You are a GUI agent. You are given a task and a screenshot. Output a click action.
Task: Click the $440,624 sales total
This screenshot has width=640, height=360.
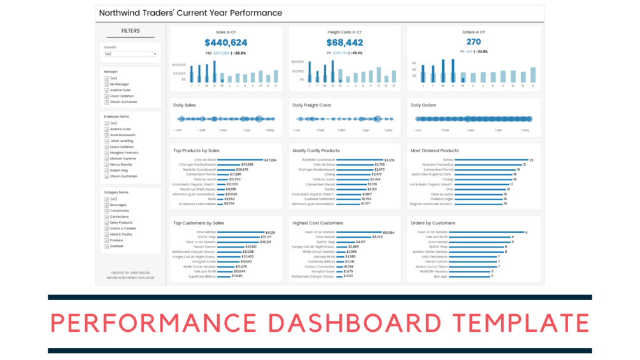click(225, 43)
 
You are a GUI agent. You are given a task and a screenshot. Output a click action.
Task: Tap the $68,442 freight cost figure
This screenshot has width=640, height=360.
click(345, 43)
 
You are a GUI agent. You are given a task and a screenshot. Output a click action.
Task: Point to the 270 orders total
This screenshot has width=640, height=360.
click(473, 42)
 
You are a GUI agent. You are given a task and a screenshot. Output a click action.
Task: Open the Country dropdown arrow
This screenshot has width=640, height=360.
click(155, 54)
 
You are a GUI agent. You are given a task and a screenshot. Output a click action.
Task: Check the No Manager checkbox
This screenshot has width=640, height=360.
click(106, 84)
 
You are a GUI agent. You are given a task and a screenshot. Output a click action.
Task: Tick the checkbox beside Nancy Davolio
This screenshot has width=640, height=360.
click(106, 164)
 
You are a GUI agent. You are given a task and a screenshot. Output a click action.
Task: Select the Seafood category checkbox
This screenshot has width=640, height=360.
click(106, 246)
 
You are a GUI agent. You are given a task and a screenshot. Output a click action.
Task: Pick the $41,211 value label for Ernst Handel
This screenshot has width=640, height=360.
click(271, 233)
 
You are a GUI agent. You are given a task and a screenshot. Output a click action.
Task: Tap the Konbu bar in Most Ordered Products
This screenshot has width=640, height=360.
click(491, 160)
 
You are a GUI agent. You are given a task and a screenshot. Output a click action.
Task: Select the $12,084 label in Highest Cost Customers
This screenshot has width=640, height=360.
click(388, 233)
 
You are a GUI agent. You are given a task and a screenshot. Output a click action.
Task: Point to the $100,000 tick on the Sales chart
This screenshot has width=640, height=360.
click(179, 64)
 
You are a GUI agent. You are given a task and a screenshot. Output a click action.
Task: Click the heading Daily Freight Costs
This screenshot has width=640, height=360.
click(312, 105)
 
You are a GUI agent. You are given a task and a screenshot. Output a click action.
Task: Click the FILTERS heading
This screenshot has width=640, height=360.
click(131, 31)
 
